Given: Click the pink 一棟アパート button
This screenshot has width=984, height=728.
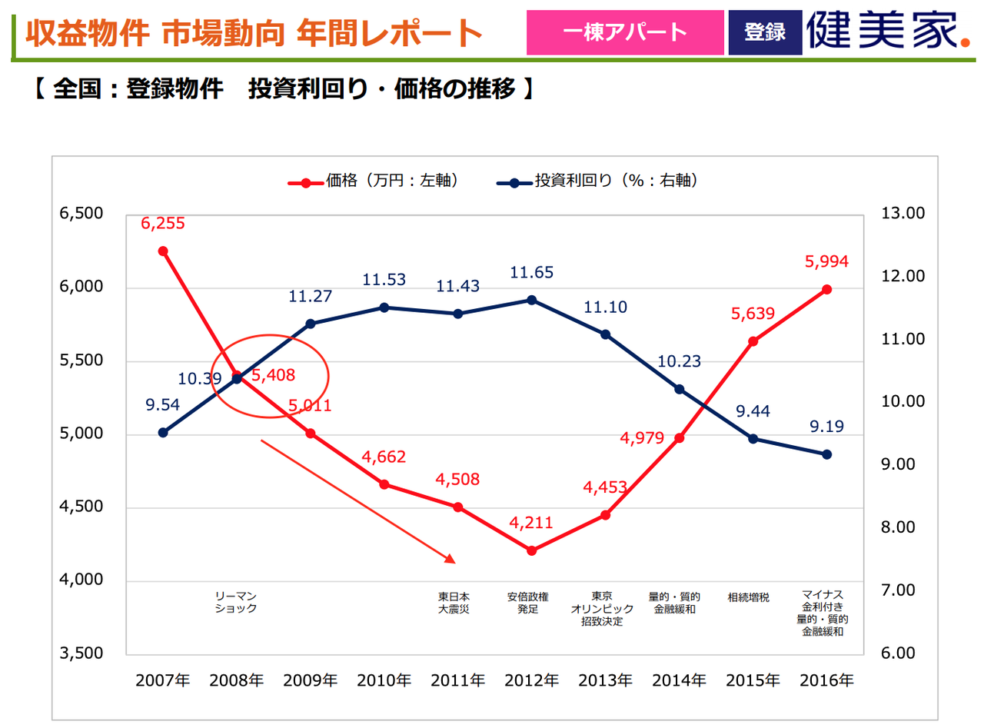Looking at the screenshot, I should point(624,32).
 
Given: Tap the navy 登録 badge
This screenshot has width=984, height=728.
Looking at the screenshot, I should point(764,32).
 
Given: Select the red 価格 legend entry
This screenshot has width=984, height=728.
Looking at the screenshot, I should point(373,181).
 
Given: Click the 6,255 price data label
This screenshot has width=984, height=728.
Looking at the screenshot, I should point(162,223).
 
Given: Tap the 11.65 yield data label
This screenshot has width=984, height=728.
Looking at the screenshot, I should point(531,272).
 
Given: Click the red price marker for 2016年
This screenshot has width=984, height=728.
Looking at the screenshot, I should point(827,290).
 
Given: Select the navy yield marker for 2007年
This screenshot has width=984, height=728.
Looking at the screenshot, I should point(163,433).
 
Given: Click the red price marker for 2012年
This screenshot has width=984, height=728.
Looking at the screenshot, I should point(532,550).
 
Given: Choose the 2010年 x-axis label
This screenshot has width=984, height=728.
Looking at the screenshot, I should point(384,680).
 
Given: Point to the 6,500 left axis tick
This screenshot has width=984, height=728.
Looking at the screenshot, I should point(81,214).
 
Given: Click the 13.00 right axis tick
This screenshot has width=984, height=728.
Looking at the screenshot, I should point(904,214).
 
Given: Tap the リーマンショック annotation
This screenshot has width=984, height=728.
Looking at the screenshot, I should point(236,602).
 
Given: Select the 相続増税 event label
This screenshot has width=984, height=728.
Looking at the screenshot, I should point(748,597).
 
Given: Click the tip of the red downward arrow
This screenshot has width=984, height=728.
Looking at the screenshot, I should point(455,562).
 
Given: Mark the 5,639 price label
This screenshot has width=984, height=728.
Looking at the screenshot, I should point(753,314).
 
